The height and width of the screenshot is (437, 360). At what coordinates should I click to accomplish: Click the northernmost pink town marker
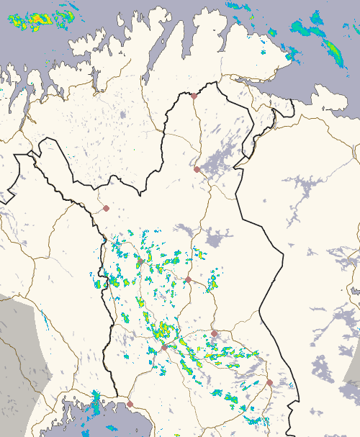click(x=194, y=96)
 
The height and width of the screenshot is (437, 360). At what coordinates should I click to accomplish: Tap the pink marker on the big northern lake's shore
click(x=197, y=169)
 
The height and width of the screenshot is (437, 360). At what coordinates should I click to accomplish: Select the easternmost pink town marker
click(x=269, y=382)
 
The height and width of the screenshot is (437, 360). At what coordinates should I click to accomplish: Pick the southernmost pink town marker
click(x=130, y=404)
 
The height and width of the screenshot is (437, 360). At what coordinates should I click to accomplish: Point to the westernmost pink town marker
click(x=106, y=208)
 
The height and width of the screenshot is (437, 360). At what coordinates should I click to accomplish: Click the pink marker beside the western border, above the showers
click(x=106, y=208)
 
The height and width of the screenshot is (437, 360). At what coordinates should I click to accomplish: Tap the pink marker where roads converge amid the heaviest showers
click(x=164, y=347)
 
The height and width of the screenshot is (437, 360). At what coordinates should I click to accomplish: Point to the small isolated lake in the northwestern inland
click(x=123, y=114)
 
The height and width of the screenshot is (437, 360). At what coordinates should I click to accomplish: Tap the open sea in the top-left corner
click(x=14, y=43)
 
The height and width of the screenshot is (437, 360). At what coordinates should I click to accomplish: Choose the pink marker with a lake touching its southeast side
click(x=214, y=333)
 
